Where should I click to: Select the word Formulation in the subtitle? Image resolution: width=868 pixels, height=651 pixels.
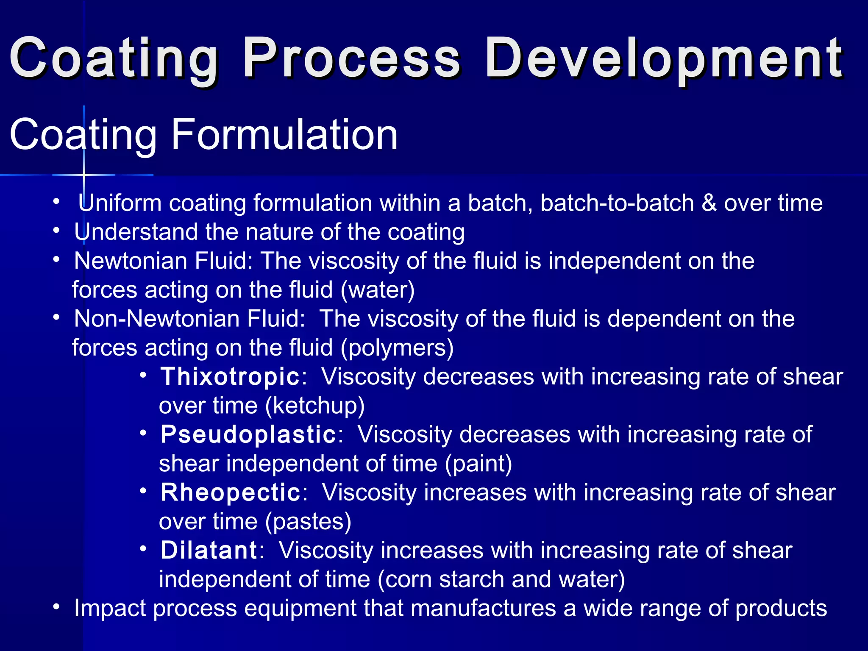284,135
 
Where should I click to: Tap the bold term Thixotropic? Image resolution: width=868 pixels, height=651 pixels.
230,376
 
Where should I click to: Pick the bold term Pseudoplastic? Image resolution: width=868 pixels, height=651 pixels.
248,434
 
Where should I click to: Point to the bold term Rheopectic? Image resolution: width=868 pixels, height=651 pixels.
231,492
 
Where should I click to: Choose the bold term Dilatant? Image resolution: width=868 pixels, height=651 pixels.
209,550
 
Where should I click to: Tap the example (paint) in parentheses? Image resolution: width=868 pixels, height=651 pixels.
479,463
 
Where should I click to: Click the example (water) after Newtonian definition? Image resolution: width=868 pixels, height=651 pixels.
378,290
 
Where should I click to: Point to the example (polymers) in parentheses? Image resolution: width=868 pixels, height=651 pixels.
397,348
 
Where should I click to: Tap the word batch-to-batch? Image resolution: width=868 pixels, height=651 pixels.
617,203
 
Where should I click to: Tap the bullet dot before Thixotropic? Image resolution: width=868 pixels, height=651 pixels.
143,375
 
